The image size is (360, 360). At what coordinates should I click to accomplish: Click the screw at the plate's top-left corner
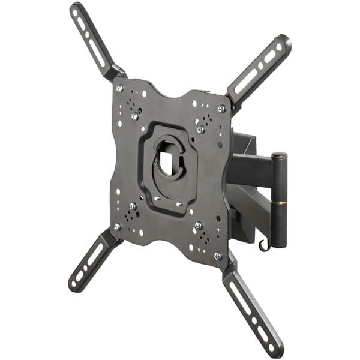[x=119, y=88]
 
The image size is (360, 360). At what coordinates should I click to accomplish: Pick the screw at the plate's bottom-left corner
[x=118, y=227]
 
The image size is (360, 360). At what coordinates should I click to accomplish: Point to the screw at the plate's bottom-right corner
[x=217, y=256]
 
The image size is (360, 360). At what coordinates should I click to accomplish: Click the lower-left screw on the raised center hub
[x=155, y=199]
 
